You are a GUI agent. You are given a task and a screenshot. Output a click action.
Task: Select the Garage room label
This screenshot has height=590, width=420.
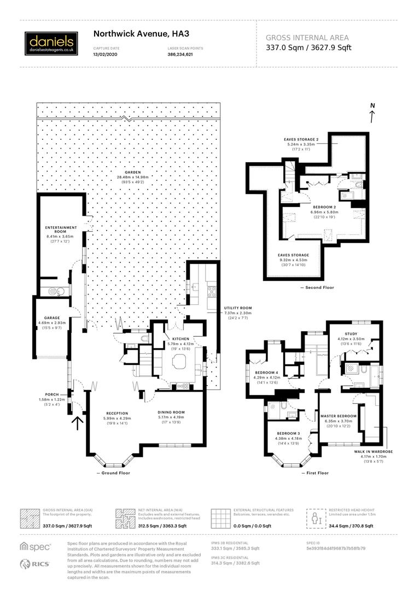(x=52, y=317)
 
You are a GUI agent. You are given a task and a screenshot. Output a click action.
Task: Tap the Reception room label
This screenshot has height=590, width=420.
(x=117, y=413)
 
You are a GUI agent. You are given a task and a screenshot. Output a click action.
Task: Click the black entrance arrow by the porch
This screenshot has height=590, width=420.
(x=78, y=423)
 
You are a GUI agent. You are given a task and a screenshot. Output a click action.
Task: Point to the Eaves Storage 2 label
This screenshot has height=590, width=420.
(x=301, y=140)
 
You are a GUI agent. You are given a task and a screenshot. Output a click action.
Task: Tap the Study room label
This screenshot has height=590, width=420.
(x=351, y=334)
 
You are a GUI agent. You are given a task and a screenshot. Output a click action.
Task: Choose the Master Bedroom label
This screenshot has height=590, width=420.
(x=339, y=416)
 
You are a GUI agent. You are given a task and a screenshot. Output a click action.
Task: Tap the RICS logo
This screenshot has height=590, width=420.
(x=36, y=564)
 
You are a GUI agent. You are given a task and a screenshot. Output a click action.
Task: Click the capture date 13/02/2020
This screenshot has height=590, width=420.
(x=106, y=55)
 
